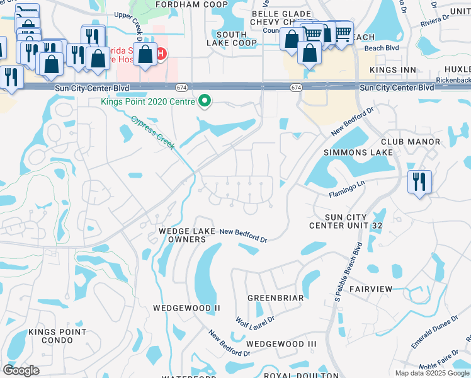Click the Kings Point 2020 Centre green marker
tap(204, 100)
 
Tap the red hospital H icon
tap(161, 54)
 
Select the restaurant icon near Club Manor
tap(419, 182)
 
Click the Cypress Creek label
tap(154, 131)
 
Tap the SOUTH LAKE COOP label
tap(232, 38)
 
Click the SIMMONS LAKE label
tap(358, 152)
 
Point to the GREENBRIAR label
tap(276, 297)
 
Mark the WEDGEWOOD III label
tap(281, 343)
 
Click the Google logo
tap(21, 370)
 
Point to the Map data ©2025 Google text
tap(432, 373)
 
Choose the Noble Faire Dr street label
tap(445, 365)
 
